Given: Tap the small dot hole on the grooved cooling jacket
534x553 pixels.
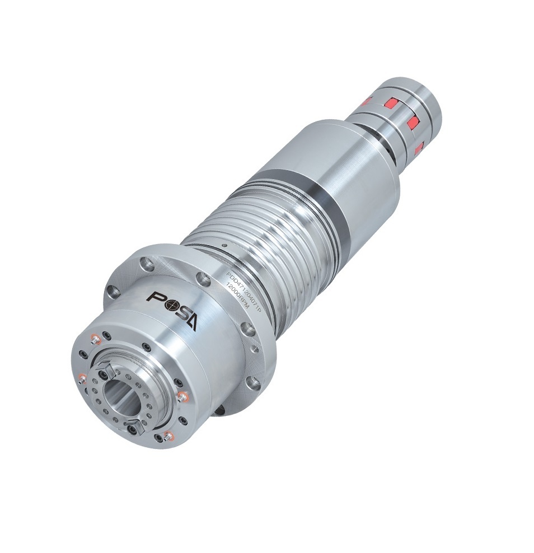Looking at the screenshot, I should pyautogui.click(x=223, y=245).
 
